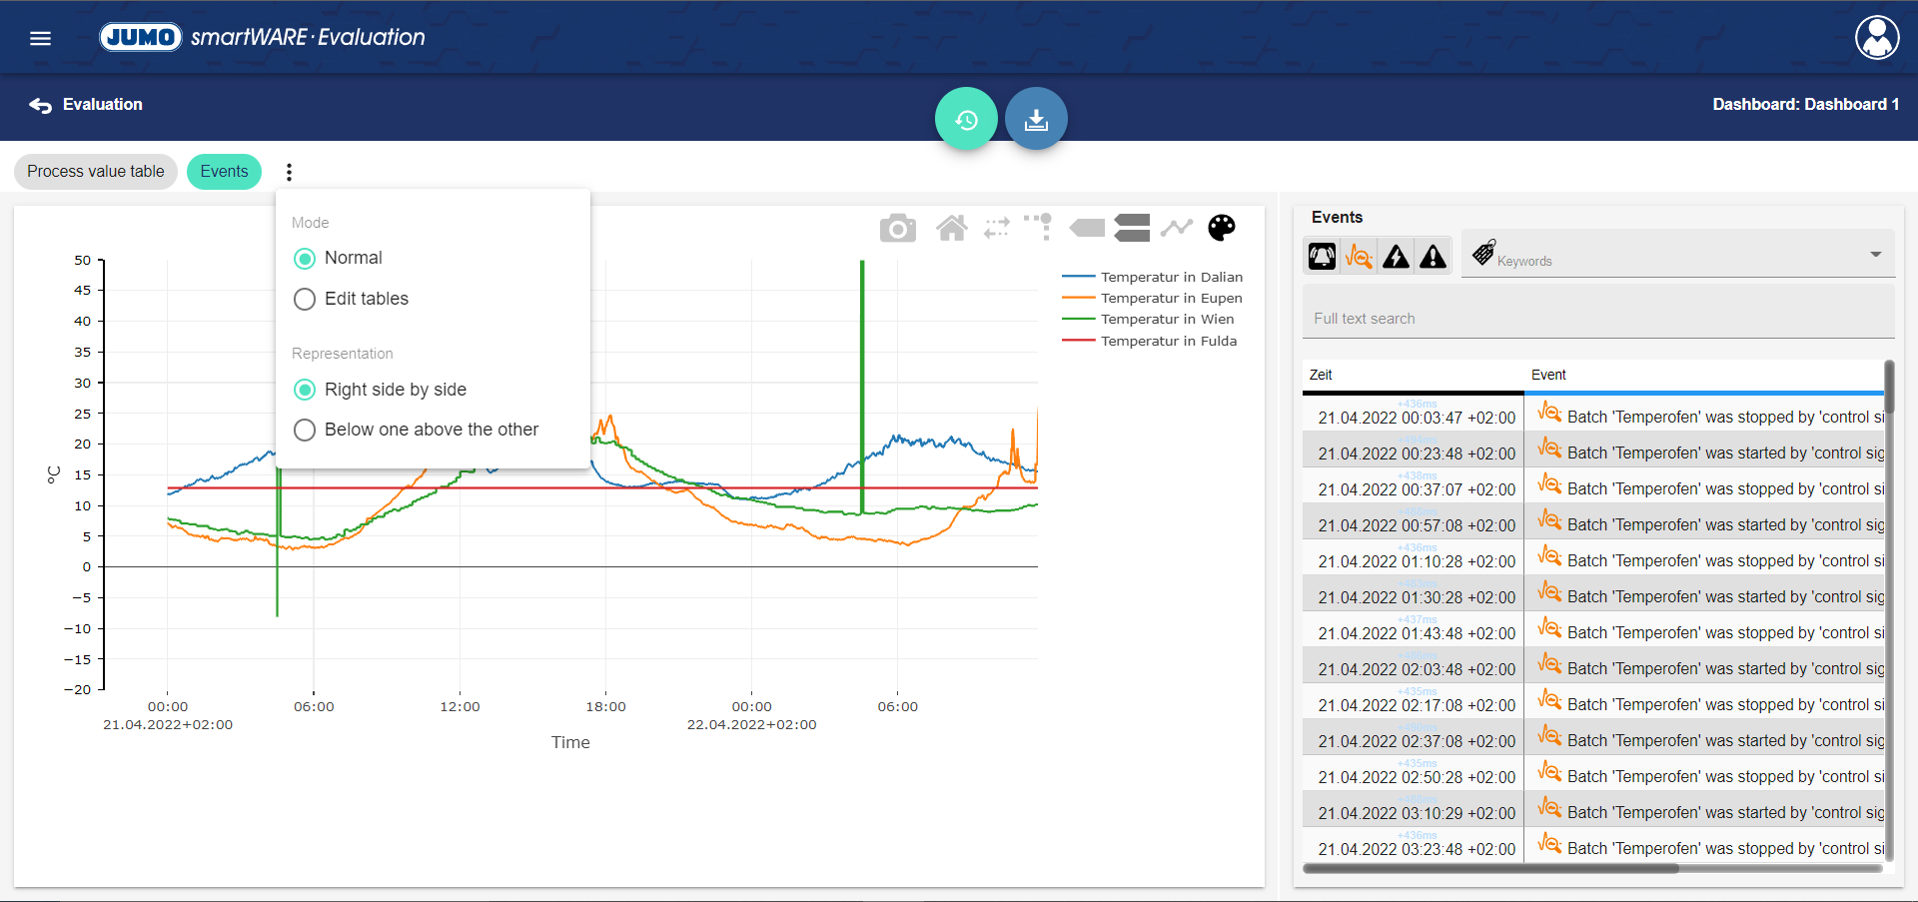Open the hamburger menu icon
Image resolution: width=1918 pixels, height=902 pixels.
coord(40,38)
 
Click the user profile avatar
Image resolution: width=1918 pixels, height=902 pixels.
coord(1877,38)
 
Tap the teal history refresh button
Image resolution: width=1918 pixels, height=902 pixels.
coord(966,119)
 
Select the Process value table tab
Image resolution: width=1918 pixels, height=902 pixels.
coord(96,172)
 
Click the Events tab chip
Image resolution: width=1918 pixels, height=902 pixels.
coord(224,172)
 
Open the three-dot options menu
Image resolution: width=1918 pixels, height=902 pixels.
coord(290,172)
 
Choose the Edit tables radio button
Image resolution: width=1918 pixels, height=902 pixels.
coord(305,299)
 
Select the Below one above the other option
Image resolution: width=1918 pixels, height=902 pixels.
coord(305,430)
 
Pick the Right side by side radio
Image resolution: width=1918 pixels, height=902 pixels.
coord(305,390)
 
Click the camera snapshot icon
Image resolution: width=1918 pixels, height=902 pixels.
coord(897,229)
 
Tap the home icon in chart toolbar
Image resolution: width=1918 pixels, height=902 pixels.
coord(951,229)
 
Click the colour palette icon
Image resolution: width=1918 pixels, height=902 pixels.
coord(1221,229)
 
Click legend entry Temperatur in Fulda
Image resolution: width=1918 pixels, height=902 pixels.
coord(1168,341)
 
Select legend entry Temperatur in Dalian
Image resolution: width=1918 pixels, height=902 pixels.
coord(1171,277)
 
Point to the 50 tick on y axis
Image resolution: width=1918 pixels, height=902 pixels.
coord(83,261)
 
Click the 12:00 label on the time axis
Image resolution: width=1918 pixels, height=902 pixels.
coord(460,706)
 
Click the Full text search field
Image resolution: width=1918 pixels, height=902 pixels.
coord(1598,318)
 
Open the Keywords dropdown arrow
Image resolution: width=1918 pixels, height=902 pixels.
coord(1875,255)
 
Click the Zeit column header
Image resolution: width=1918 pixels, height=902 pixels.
coord(1321,375)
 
